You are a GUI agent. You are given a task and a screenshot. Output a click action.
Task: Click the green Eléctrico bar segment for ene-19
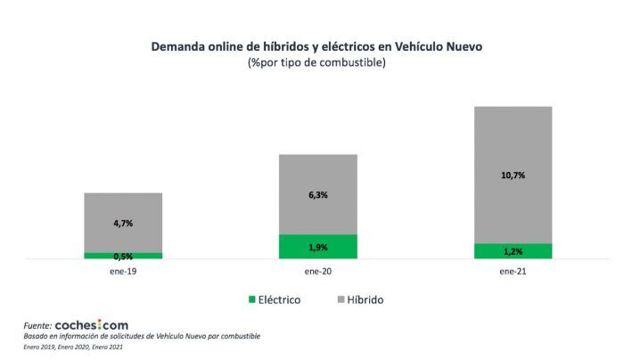(x=123, y=256)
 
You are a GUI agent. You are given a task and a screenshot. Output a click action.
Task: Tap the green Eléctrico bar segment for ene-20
(x=318, y=247)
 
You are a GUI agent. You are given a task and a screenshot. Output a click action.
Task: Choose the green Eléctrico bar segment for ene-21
(x=513, y=251)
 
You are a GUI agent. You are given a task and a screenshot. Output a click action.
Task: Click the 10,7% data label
(x=513, y=176)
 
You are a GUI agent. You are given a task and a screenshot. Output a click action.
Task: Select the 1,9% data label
(x=318, y=248)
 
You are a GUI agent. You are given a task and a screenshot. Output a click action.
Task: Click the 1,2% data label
(x=513, y=252)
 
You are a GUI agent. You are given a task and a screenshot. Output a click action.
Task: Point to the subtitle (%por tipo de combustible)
(x=317, y=64)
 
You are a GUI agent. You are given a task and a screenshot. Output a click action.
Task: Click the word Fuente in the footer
(x=37, y=326)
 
